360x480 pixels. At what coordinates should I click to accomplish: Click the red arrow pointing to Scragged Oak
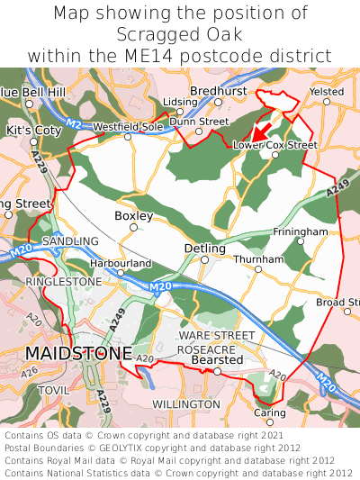click(265, 126)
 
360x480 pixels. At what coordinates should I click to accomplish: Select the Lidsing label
click(180, 103)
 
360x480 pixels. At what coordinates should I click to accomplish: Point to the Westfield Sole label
click(128, 126)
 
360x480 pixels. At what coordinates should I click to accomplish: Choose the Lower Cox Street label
click(274, 144)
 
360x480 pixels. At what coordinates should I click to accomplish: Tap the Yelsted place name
click(326, 91)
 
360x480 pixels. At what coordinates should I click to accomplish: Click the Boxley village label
click(133, 216)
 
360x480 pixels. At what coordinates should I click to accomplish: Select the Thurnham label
click(258, 259)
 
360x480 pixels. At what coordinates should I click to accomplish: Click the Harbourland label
click(121, 263)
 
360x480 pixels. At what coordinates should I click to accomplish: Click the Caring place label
click(269, 412)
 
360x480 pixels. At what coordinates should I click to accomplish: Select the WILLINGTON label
click(185, 405)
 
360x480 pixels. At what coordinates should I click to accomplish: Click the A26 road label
click(30, 370)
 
